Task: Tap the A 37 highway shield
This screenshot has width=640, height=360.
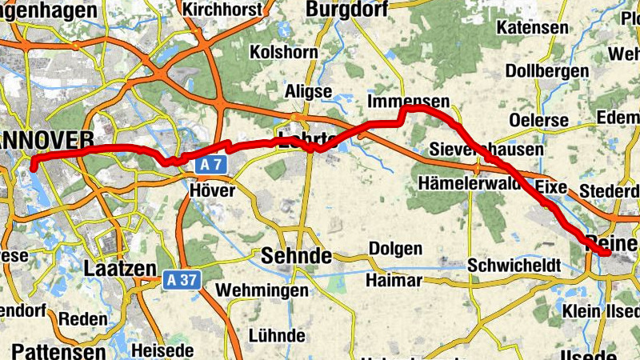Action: coord(182,280)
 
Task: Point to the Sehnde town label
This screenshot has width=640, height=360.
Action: coord(296,257)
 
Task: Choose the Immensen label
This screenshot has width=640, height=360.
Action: coord(408,102)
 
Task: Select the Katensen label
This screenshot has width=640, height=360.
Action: coord(532,28)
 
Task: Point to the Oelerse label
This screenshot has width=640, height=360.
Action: coord(539,121)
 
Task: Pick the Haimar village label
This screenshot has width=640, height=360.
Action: coord(394,281)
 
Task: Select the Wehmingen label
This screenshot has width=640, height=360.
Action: coord(262,290)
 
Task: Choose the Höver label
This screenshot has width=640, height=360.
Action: coord(213,190)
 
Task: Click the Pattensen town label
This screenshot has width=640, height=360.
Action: coord(58,352)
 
